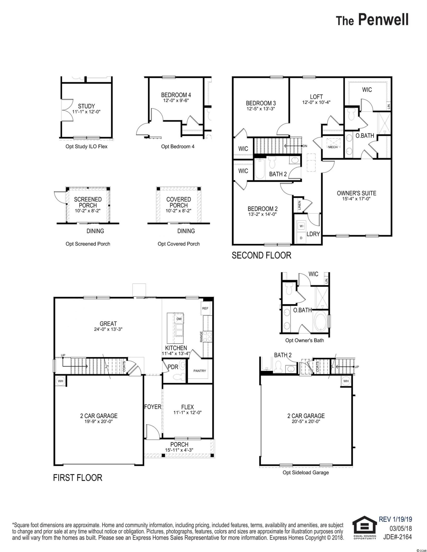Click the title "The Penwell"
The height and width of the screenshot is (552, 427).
[372, 20]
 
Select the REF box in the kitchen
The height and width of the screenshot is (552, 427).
[205, 308]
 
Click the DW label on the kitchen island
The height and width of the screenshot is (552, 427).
[179, 319]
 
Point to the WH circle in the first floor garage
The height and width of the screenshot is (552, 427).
[60, 381]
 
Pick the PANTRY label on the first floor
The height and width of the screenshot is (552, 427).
[200, 371]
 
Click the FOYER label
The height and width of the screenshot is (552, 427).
[153, 407]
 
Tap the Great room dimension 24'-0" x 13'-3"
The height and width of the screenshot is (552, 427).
[108, 329]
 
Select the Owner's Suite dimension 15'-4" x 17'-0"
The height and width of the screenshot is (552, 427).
[356, 199]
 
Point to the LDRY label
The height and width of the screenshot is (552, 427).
[313, 234]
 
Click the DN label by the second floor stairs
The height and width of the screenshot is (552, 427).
[305, 146]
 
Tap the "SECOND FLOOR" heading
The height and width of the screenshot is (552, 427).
[261, 255]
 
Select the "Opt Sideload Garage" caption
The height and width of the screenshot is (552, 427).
[306, 472]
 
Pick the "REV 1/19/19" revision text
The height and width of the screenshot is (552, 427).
[395, 519]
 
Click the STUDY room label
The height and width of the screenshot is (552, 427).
[86, 106]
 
